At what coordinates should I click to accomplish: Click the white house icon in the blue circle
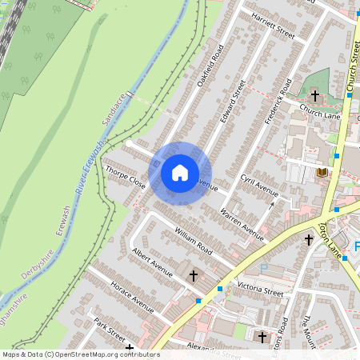180,172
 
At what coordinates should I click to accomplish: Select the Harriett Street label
273,26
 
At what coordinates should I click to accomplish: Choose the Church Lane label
320,111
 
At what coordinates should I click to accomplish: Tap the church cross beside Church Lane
314,95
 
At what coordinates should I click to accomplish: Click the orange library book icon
322,172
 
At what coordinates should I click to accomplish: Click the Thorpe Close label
125,176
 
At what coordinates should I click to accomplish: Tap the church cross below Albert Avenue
192,275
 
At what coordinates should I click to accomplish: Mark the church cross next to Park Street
130,349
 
